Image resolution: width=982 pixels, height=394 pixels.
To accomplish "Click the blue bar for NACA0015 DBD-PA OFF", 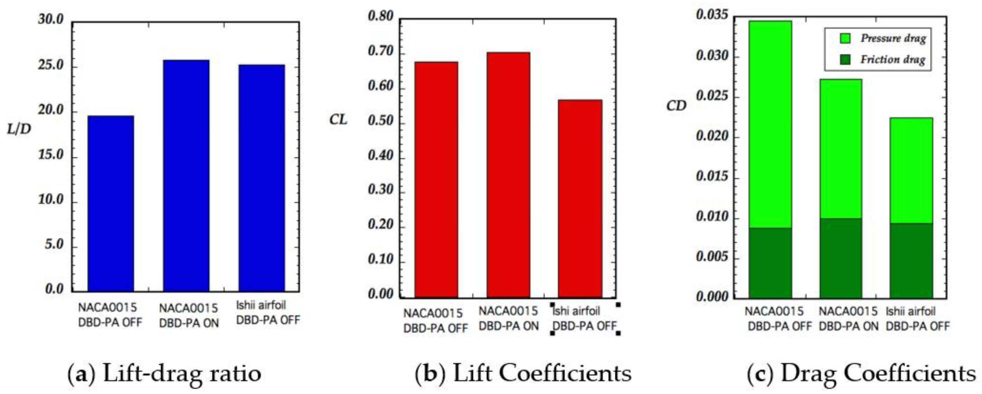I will click(110, 204).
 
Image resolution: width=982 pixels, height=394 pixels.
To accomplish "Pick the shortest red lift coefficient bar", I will click(580, 198).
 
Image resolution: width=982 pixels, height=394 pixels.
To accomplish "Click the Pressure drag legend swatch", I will click(845, 38).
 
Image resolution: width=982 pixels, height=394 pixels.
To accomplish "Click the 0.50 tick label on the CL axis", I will click(380, 121).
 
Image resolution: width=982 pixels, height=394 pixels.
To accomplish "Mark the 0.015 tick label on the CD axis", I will click(712, 177).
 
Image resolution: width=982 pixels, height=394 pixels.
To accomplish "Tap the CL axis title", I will click(338, 120).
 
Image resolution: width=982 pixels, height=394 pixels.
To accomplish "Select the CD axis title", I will click(676, 105).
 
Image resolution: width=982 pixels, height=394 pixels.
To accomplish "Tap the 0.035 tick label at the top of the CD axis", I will click(712, 15).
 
